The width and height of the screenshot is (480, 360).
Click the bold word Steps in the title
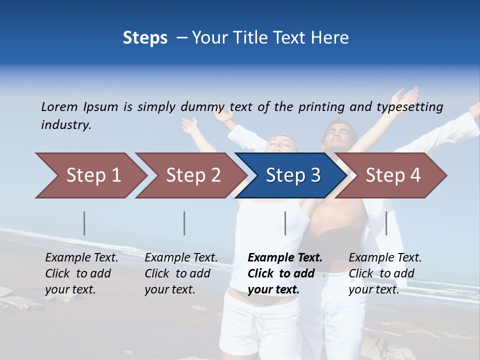pyautogui.click(x=145, y=37)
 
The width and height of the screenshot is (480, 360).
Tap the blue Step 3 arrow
pyautogui.click(x=293, y=175)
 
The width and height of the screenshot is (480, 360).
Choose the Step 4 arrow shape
pyautogui.click(x=393, y=175)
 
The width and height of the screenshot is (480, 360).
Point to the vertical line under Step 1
pyautogui.click(x=84, y=223)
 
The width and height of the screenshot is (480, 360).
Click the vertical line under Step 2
pyautogui.click(x=184, y=223)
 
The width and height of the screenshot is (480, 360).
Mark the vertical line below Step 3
pyautogui.click(x=285, y=223)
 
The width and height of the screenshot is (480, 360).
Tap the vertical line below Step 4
pyautogui.click(x=386, y=223)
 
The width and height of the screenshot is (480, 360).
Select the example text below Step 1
pyautogui.click(x=81, y=273)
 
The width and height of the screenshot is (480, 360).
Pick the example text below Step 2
pyautogui.click(x=181, y=273)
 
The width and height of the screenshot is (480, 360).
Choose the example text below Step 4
pyautogui.click(x=385, y=273)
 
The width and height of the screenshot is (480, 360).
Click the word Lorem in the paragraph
pyautogui.click(x=59, y=106)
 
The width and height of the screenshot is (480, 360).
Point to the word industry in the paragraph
pyautogui.click(x=66, y=125)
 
